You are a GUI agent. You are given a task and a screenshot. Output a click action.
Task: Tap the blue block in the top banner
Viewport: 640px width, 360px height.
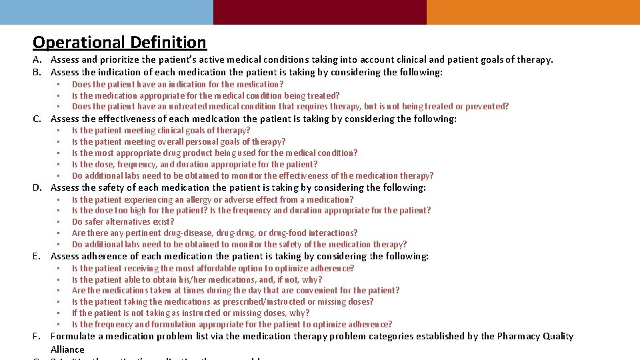[107, 12]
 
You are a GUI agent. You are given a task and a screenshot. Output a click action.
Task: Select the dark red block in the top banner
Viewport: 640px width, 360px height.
[320, 12]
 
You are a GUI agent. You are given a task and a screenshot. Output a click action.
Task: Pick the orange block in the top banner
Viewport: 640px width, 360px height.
[533, 12]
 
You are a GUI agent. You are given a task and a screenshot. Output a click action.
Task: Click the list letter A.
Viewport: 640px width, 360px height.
[37, 60]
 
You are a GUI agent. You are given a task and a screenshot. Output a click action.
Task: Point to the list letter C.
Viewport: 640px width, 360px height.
[38, 119]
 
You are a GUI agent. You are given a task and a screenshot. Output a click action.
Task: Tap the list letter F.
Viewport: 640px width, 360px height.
[37, 337]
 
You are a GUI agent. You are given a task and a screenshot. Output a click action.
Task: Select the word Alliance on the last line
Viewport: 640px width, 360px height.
[67, 349]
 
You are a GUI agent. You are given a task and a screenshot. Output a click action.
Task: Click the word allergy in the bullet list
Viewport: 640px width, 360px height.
[194, 200]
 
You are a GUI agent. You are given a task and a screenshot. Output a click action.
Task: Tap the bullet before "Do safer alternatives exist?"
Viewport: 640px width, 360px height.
[59, 222]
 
